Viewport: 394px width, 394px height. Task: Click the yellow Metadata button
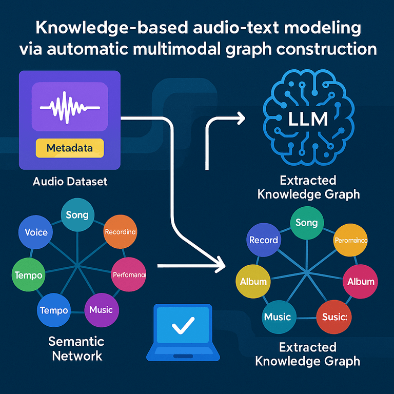click(x=69, y=148)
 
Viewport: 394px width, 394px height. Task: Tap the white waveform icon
click(x=69, y=107)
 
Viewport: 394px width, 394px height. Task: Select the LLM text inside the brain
click(x=308, y=120)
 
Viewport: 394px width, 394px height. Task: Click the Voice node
click(x=36, y=232)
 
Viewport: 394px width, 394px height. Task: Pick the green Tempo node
click(x=29, y=275)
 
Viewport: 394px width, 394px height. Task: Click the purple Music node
click(x=101, y=310)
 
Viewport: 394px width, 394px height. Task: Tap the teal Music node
click(x=278, y=317)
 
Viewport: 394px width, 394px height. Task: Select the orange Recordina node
click(x=120, y=232)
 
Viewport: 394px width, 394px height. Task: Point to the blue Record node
click(x=264, y=240)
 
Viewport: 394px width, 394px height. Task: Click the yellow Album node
click(x=253, y=282)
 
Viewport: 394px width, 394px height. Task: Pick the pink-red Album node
click(x=361, y=282)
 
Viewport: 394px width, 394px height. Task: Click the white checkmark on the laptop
click(x=183, y=325)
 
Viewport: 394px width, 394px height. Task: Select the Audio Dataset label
click(x=70, y=182)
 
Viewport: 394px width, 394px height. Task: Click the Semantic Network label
click(x=76, y=348)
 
